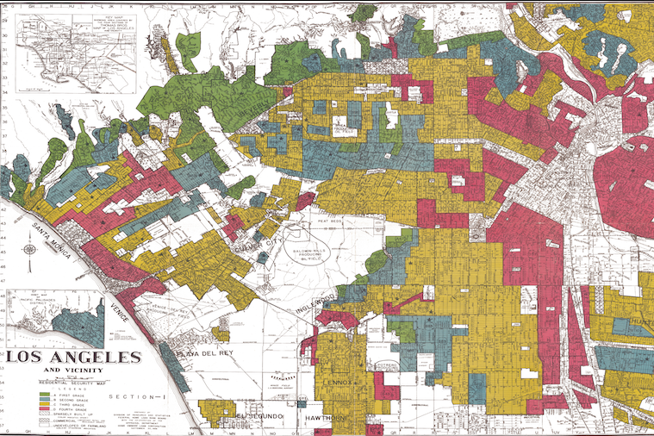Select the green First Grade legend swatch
tap(43, 394)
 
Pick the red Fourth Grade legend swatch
tap(43, 409)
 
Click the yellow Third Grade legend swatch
tap(43, 404)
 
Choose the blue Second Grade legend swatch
tap(43, 399)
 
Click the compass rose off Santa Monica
tap(30, 251)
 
